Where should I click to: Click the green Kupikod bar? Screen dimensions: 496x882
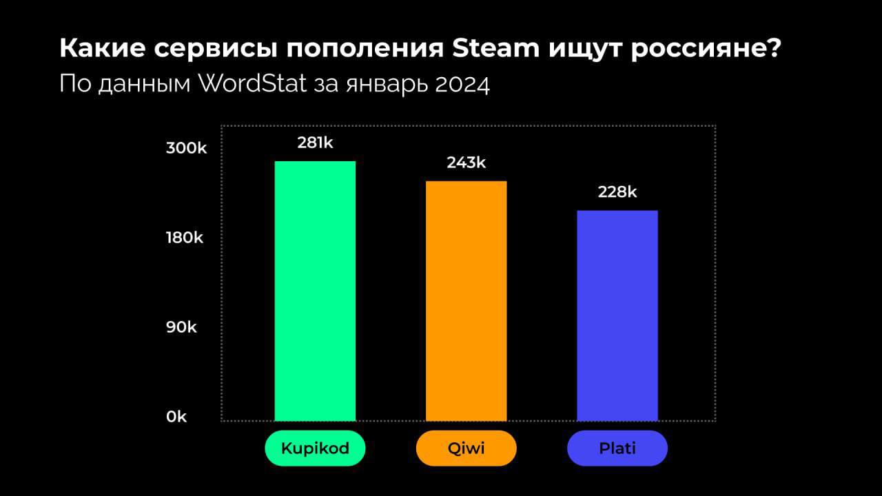(315, 291)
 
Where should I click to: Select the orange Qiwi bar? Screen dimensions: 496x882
(466, 300)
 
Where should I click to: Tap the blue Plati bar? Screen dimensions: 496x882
(617, 315)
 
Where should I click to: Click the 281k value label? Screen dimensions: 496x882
(315, 143)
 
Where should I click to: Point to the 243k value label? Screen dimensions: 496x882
(466, 163)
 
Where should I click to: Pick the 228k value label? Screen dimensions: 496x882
(617, 192)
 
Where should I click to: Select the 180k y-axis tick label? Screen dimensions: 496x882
(185, 238)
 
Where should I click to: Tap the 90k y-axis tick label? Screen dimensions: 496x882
(181, 327)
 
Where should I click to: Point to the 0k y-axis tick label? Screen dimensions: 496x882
(176, 417)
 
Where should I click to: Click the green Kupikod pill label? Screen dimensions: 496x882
(315, 448)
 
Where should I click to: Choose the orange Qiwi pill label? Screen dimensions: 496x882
(466, 448)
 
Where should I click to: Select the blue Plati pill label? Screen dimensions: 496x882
(617, 448)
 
